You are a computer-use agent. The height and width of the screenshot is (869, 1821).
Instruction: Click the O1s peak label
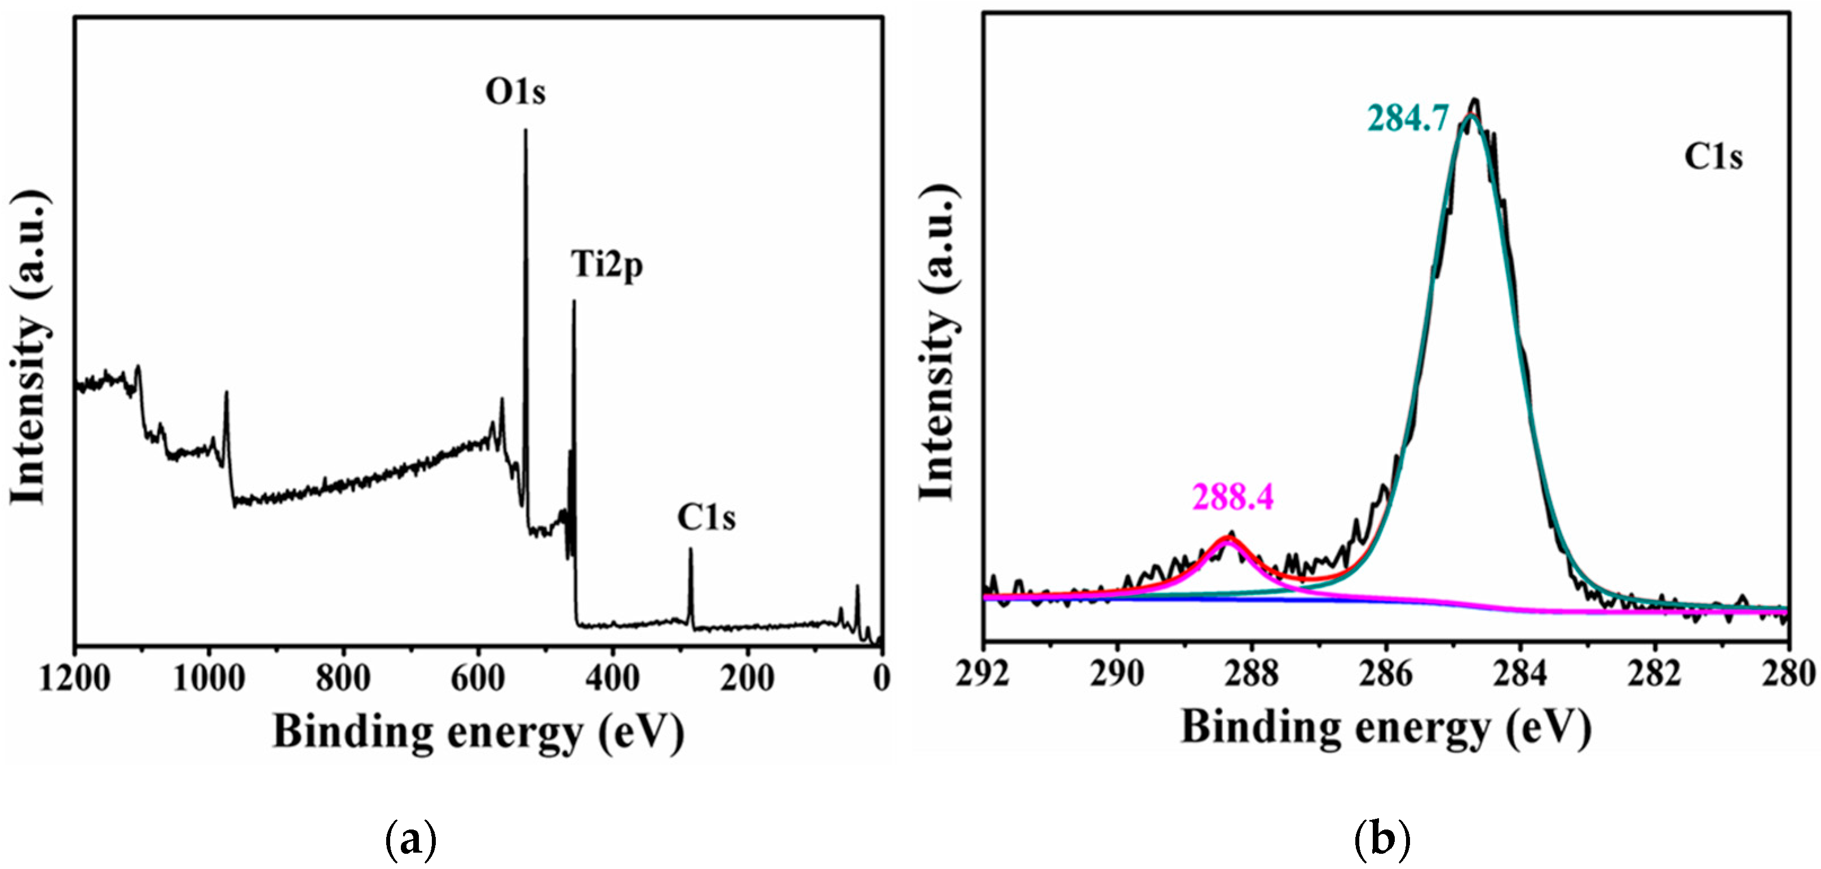[x=515, y=92]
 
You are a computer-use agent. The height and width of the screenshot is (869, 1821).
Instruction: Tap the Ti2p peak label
[x=607, y=266]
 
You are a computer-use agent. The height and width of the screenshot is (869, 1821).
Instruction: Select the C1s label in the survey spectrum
[x=705, y=518]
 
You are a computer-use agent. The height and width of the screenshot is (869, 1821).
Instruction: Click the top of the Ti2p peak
[x=573, y=302]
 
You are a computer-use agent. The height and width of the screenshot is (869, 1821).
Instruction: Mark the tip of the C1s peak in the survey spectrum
[x=691, y=549]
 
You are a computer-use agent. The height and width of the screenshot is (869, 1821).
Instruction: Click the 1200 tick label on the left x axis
[x=74, y=679]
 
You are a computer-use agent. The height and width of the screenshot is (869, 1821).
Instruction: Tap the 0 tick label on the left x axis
[x=881, y=679]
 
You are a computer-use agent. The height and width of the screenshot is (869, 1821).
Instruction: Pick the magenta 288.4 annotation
[x=1233, y=498]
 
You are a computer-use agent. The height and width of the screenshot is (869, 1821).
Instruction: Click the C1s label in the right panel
[x=1713, y=157]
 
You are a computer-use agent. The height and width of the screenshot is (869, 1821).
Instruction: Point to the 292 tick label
[x=983, y=674]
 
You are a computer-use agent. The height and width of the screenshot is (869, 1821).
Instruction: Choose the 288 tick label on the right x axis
[x=1251, y=674]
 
